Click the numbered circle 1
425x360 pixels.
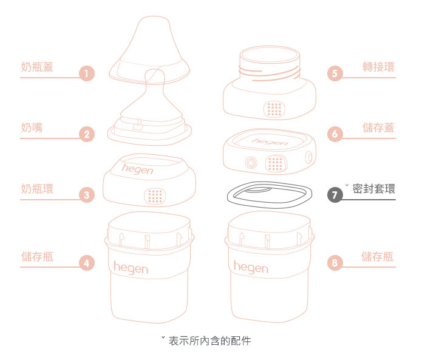pyautogui.click(x=87, y=75)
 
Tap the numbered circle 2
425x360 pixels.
pyautogui.click(x=87, y=135)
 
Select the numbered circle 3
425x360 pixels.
pyautogui.click(x=87, y=195)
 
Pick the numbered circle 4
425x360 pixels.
pyautogui.click(x=87, y=263)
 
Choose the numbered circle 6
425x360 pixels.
pyautogui.click(x=335, y=134)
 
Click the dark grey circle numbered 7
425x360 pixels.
pyautogui.click(x=335, y=195)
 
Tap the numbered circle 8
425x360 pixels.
pyautogui.click(x=335, y=263)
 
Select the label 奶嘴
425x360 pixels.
pyautogui.click(x=31, y=127)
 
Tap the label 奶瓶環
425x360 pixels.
pyautogui.click(x=36, y=188)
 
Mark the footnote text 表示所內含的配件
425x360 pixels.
pyautogui.click(x=209, y=341)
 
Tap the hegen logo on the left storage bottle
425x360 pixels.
pyautogui.click(x=130, y=267)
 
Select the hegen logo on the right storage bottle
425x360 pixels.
pyautogui.click(x=251, y=267)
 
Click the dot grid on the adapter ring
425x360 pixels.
pyautogui.click(x=276, y=109)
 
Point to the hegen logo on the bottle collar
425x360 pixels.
pyautogui.click(x=138, y=169)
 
